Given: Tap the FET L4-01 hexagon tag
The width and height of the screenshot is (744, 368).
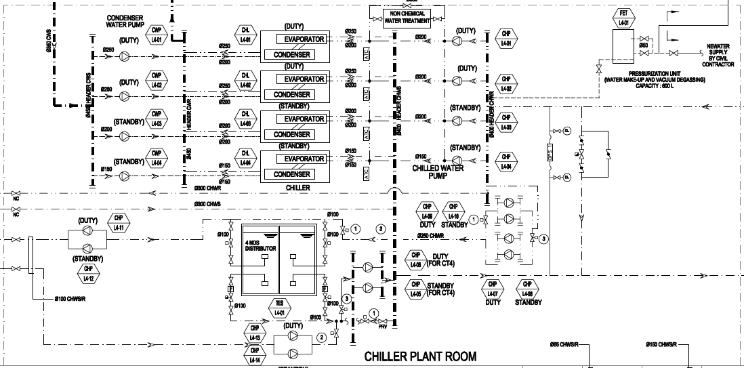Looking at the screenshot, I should (624, 18).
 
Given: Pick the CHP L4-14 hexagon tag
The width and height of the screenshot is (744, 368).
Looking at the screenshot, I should (255, 355).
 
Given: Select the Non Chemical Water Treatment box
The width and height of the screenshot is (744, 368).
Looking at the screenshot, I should (407, 17).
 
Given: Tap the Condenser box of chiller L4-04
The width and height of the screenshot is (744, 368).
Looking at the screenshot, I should (291, 174).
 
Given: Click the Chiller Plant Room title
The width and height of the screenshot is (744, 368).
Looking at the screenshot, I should (420, 356).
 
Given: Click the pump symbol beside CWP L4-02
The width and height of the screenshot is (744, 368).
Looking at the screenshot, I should (125, 96).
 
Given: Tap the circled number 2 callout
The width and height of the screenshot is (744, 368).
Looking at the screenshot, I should (321, 337).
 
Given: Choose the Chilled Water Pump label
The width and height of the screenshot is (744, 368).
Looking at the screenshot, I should (438, 171).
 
